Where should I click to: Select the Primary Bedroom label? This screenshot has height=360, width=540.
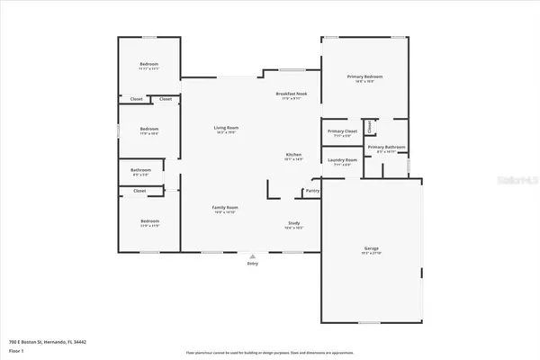366,77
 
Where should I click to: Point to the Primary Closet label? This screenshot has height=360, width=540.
343,131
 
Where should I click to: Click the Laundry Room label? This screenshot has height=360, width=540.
343,160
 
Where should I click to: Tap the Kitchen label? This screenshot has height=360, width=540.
293,156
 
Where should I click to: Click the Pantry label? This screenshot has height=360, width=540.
312,190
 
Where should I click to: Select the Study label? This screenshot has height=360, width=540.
293,223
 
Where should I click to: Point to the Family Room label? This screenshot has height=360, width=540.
225,208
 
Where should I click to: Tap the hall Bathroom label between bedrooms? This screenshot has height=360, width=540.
140,170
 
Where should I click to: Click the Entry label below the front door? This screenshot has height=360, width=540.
251,264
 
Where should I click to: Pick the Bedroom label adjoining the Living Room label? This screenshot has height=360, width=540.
149,130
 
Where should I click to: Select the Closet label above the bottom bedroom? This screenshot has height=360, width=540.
139,191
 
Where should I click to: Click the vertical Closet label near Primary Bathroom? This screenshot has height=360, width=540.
368,127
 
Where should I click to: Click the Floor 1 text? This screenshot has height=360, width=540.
15,351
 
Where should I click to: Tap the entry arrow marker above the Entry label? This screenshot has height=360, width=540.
251,256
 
